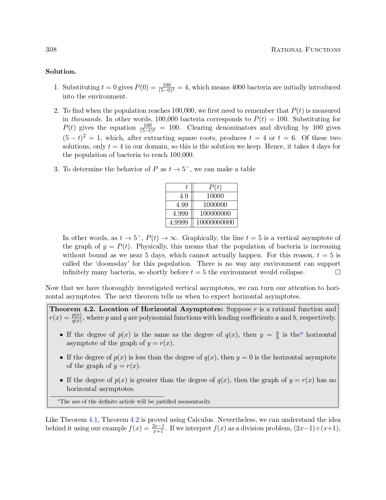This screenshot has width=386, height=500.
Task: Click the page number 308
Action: coord(51,49)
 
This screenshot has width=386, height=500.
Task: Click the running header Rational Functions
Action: coord(305,50)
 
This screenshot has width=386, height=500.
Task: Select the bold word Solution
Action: coord(61,72)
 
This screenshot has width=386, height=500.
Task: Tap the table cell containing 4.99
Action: coord(182,205)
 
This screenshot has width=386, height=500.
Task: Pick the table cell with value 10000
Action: coord(215,196)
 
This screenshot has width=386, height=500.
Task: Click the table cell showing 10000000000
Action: coord(215,222)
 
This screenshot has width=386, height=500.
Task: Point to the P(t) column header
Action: coord(215,187)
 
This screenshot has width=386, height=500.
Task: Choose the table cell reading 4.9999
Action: coord(179,222)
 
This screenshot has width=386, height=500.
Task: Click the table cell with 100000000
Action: coord(215,214)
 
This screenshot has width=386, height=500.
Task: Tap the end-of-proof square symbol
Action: coord(338,272)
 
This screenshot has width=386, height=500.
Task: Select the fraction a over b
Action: coord(277,335)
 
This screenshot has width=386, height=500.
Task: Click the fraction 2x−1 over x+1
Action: coord(158,428)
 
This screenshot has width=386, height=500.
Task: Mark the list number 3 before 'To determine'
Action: coord(56,169)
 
